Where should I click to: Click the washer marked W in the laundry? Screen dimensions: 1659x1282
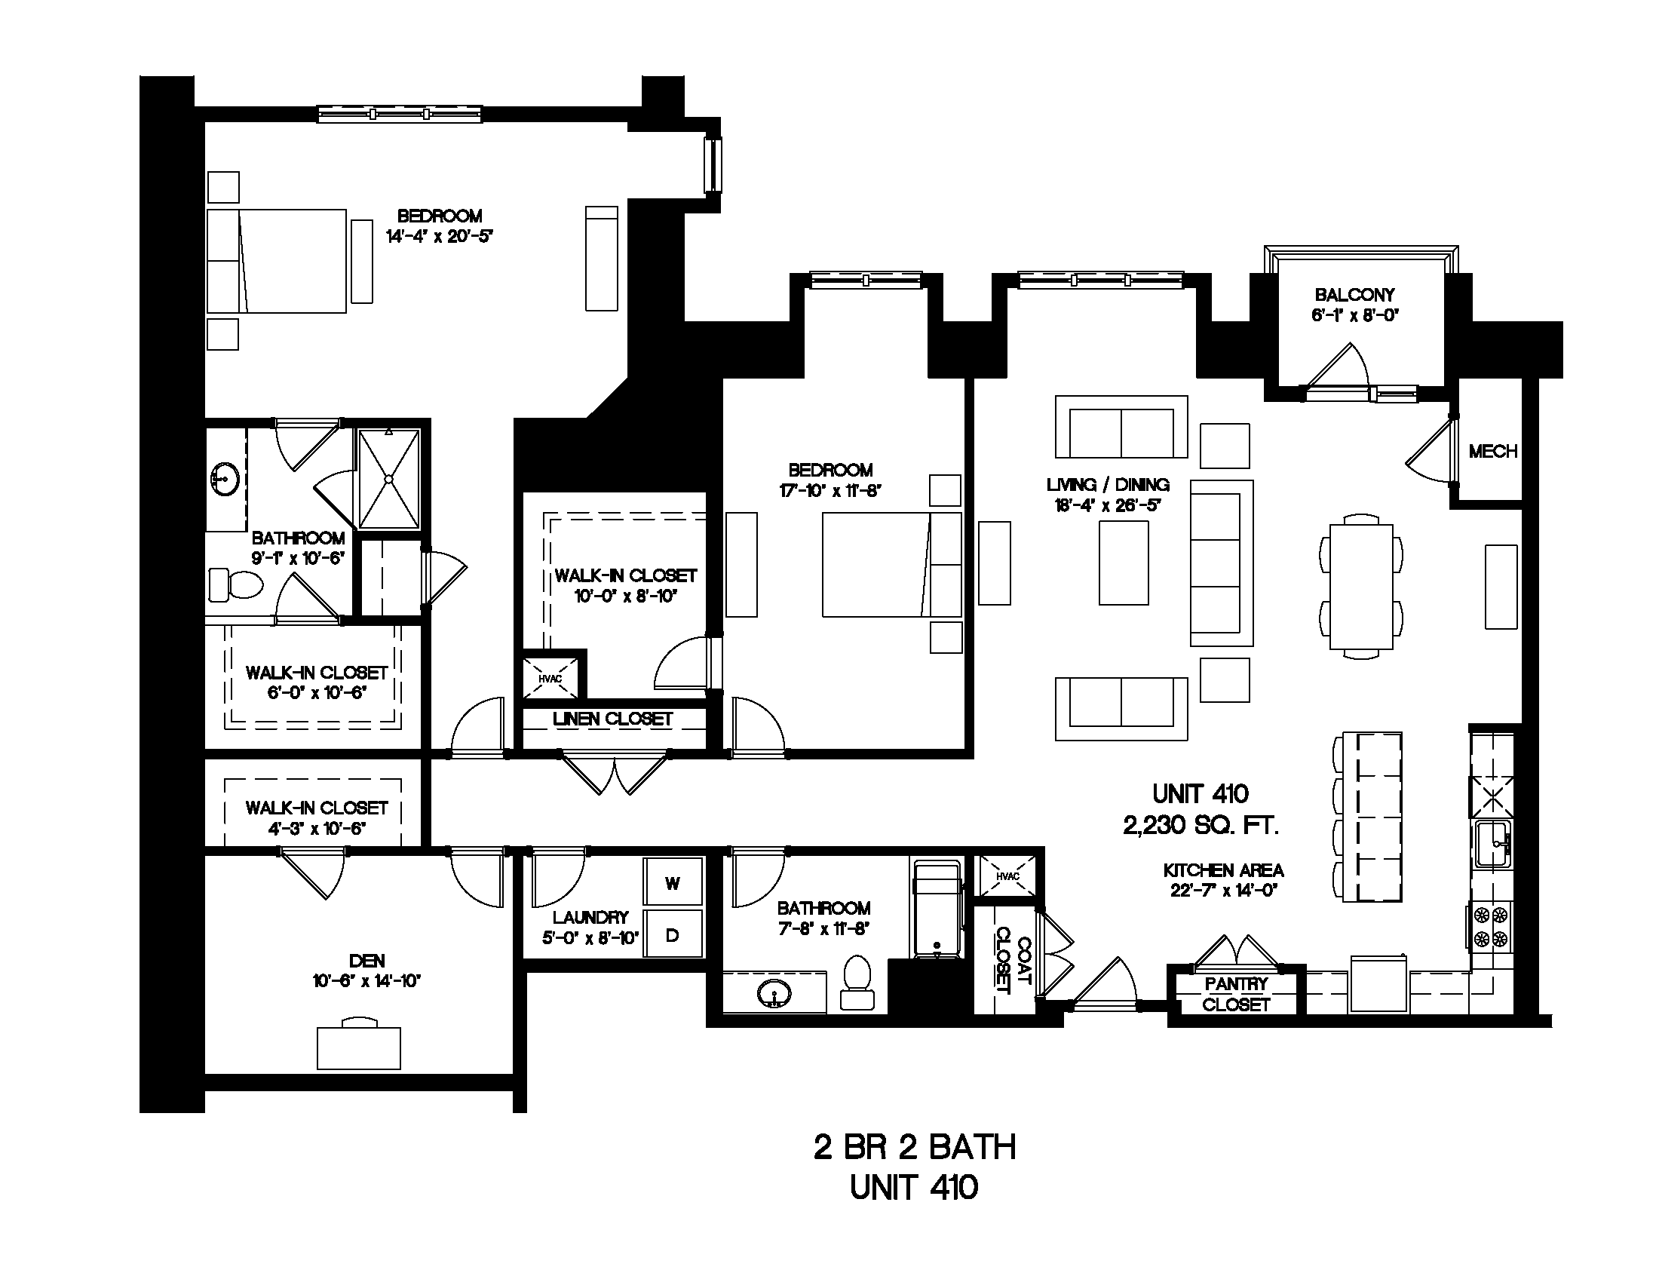672,882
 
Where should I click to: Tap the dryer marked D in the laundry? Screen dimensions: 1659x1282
672,934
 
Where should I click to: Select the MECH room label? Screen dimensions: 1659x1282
1492,452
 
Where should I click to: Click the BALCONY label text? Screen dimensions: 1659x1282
1354,295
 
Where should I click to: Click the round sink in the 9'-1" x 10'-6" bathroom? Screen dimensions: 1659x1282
225,479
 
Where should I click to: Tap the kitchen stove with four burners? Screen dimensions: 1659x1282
1490,928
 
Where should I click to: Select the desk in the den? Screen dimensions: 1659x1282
358,1047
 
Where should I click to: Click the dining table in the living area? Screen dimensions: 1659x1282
1361,586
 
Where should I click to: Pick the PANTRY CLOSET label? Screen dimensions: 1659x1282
1236,994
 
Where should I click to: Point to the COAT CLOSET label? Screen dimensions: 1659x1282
1013,960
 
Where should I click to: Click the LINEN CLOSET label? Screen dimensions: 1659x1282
612,719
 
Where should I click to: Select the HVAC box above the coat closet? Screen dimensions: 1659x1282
1007,876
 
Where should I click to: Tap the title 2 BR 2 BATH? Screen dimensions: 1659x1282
915,1148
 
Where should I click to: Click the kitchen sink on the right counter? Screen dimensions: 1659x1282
1493,845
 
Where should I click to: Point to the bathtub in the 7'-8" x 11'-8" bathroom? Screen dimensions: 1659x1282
937,909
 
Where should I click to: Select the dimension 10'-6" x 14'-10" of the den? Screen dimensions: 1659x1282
366,981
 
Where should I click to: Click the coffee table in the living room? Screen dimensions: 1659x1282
1124,563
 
